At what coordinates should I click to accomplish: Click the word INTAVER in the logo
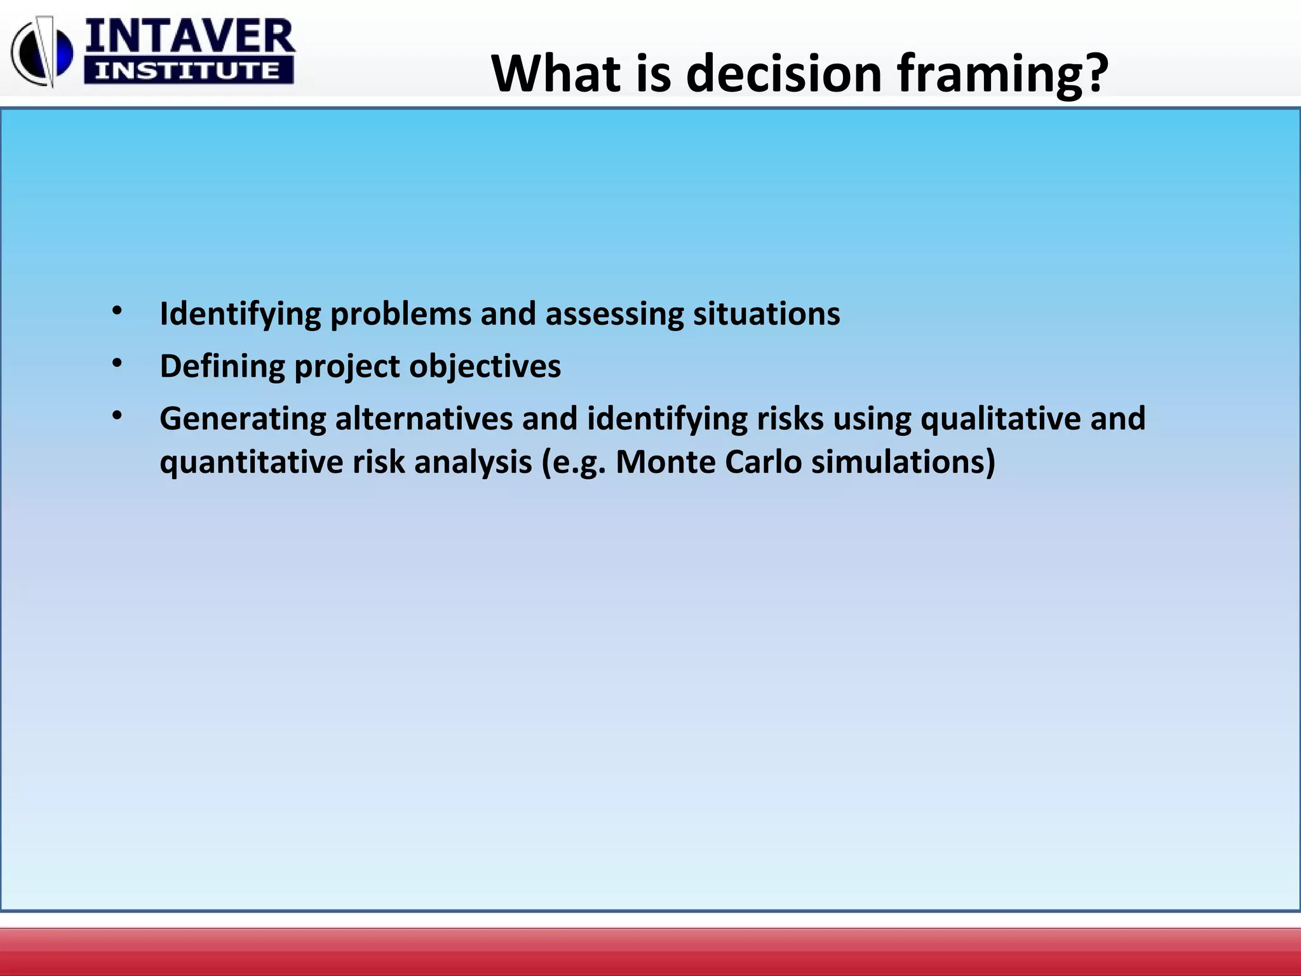tap(189, 37)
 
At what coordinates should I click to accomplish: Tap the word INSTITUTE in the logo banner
tap(188, 71)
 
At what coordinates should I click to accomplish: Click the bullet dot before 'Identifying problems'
tap(117, 311)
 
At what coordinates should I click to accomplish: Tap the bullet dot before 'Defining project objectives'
tap(117, 363)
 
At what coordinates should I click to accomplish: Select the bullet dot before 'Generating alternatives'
tap(117, 416)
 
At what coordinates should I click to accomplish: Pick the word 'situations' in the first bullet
tap(766, 314)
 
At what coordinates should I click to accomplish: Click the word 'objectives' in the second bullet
tap(485, 367)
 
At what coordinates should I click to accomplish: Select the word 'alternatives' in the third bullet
tap(424, 419)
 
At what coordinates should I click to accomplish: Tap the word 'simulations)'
tap(903, 462)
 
